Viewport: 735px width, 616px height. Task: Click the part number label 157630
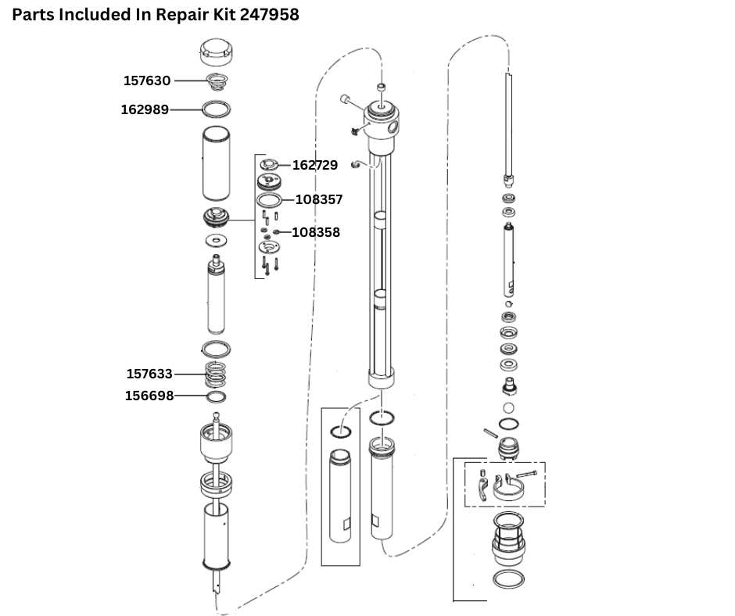click(x=147, y=81)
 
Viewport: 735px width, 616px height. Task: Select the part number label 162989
click(x=145, y=109)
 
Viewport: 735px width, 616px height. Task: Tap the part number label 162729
click(x=315, y=165)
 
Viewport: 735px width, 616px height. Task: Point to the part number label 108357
click(x=319, y=199)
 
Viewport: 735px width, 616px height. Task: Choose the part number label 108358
click(x=317, y=232)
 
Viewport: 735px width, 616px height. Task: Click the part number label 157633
click(x=149, y=374)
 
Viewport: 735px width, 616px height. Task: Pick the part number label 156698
click(x=149, y=396)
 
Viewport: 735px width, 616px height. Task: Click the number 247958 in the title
click(x=261, y=15)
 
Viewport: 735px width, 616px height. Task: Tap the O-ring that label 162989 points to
click(x=217, y=108)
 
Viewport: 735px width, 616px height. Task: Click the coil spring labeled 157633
click(x=217, y=375)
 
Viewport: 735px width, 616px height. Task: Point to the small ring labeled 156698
click(x=217, y=396)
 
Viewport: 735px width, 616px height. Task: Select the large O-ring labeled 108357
click(x=270, y=201)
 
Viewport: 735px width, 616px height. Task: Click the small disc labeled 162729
click(x=270, y=165)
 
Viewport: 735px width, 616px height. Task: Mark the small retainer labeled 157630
click(x=217, y=81)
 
